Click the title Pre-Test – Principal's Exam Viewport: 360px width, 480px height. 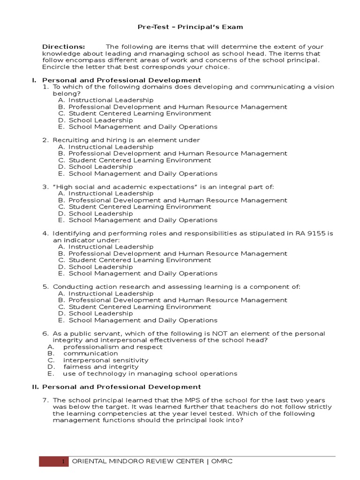point(190,27)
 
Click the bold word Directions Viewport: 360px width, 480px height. point(64,47)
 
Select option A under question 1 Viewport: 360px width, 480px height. point(106,100)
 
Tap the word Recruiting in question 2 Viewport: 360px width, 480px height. point(69,140)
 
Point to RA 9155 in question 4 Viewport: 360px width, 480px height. point(310,233)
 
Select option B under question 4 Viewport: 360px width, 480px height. point(172,254)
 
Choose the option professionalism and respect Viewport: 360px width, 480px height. point(112,347)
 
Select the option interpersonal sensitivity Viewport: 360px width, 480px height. point(106,360)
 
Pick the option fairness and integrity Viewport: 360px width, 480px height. point(101,367)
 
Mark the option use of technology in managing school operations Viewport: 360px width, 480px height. point(150,374)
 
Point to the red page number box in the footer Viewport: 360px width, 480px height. point(54,462)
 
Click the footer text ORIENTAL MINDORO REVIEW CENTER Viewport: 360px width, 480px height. point(138,462)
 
